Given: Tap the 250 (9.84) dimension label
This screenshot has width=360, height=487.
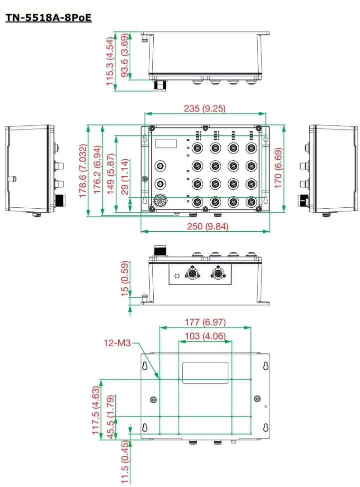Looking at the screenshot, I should (x=205, y=226).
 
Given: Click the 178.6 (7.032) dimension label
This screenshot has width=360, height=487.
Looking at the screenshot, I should (x=83, y=171).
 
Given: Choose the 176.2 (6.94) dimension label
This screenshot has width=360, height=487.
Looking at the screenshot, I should (x=97, y=171).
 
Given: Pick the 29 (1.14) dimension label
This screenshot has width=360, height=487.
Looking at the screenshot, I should (x=125, y=176).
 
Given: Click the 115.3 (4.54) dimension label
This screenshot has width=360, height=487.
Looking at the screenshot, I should (x=110, y=61).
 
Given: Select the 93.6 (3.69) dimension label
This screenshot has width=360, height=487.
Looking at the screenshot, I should (x=124, y=56).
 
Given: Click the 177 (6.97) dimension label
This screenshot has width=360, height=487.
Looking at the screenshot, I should (x=205, y=322).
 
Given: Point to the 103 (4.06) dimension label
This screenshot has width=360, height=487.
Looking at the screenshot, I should (x=205, y=336).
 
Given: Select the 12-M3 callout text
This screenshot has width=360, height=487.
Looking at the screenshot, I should (x=117, y=343).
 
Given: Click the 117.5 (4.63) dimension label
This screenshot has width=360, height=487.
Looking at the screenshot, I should (x=96, y=407).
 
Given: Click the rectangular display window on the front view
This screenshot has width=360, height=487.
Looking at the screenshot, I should (x=166, y=143).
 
